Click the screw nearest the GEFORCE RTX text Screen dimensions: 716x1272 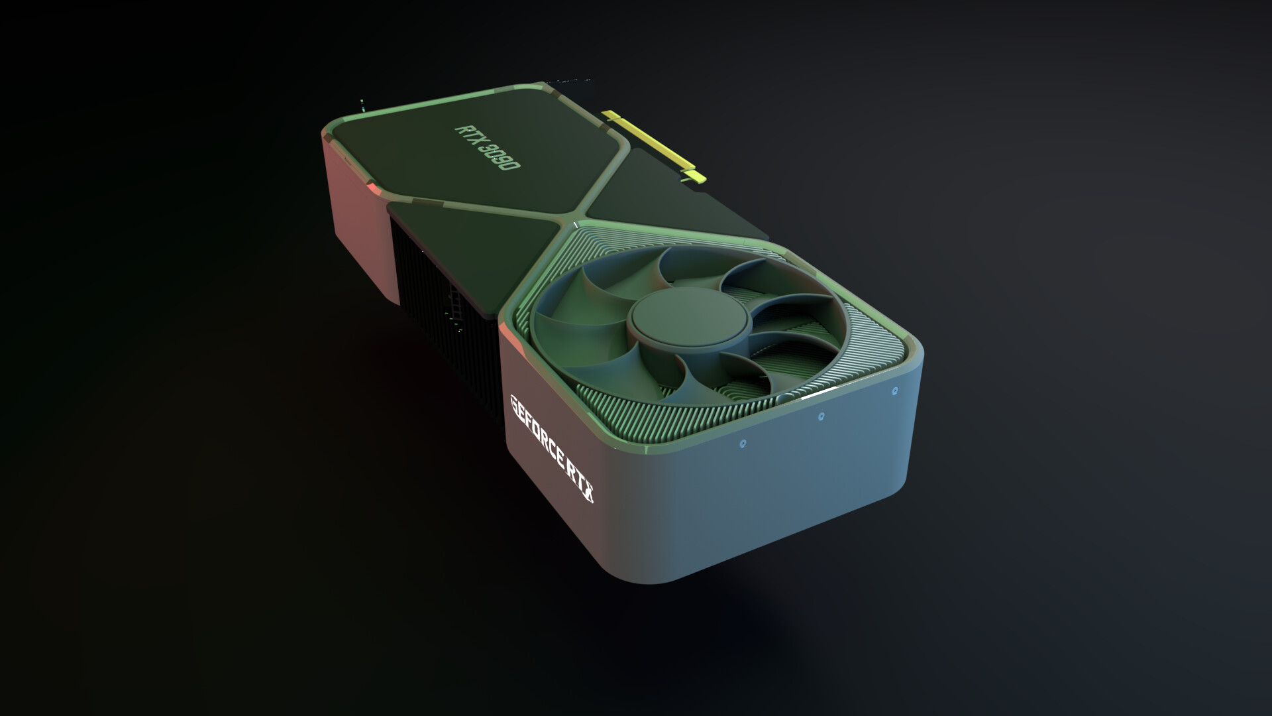(742, 441)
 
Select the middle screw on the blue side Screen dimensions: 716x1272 (821, 416)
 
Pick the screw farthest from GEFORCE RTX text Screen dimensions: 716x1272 (895, 392)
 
